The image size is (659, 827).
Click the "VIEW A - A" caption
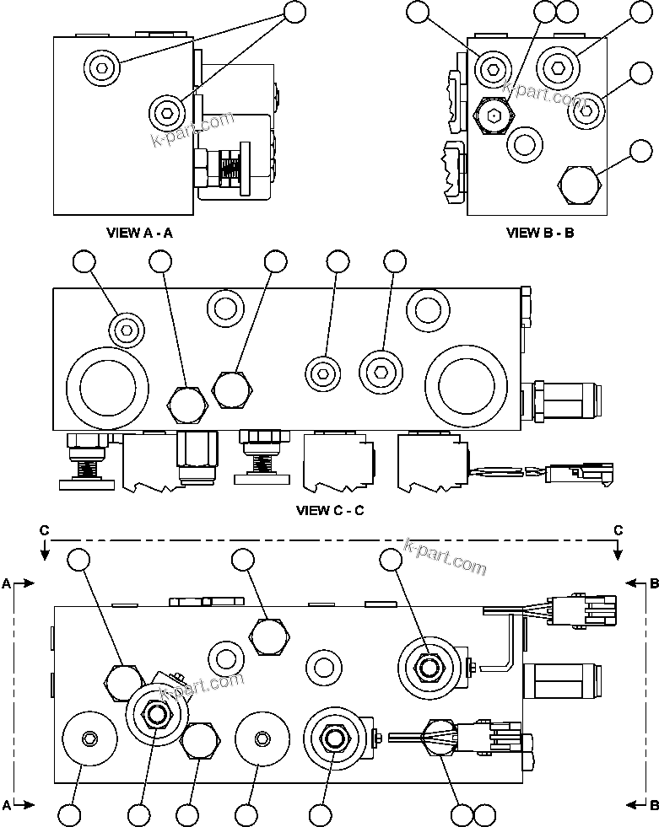[139, 232]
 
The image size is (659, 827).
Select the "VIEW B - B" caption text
[540, 232]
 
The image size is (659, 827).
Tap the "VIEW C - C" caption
[330, 510]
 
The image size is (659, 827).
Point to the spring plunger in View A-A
[226, 164]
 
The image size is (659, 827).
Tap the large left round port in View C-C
[107, 387]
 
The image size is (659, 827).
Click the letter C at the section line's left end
[45, 529]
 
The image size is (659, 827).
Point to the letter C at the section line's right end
[618, 529]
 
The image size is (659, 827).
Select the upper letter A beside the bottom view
[7, 583]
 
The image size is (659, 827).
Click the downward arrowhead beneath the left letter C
[45, 552]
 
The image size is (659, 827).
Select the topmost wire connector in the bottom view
[582, 609]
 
